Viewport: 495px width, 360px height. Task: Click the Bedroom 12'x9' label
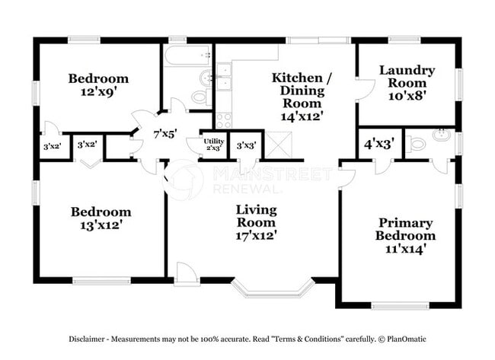(x=98, y=84)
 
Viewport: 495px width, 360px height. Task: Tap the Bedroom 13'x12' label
(x=101, y=218)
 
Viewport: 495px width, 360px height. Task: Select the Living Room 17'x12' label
(x=255, y=221)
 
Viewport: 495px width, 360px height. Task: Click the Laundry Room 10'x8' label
(x=407, y=83)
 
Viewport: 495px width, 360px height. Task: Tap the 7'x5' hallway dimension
(x=164, y=133)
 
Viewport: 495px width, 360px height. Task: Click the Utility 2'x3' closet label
(x=213, y=144)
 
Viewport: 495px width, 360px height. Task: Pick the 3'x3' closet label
(x=245, y=145)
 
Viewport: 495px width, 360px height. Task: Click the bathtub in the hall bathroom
(x=187, y=56)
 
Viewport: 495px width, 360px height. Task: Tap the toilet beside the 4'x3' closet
(x=417, y=144)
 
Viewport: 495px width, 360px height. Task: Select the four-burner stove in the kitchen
(x=224, y=119)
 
